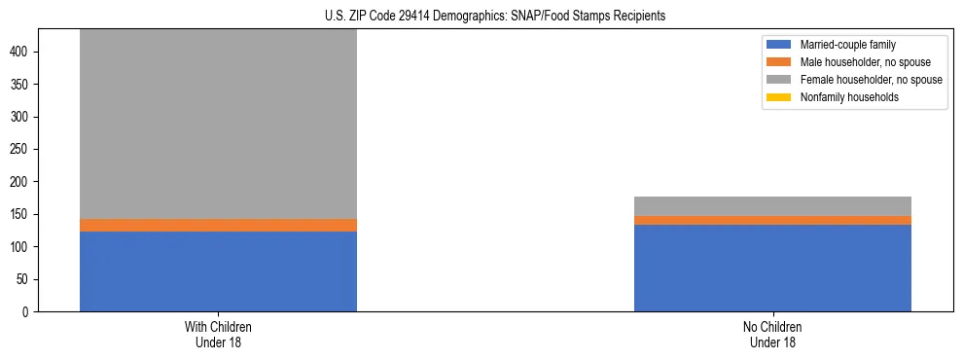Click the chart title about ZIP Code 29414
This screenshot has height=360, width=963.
point(496,17)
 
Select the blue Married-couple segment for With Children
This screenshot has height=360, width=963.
point(218,271)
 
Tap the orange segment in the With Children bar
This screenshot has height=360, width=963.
point(218,225)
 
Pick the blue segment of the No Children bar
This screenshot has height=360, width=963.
point(772,268)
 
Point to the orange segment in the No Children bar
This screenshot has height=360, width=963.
point(772,220)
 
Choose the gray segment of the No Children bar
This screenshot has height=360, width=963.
point(772,205)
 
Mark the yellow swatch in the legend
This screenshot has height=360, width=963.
point(779,97)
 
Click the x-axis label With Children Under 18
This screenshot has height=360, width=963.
point(218,334)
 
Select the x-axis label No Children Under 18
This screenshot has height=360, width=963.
point(772,334)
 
